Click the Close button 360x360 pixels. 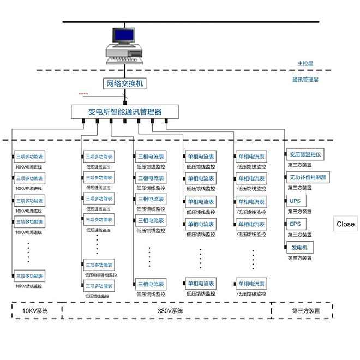click(345, 224)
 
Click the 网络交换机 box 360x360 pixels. click(124, 83)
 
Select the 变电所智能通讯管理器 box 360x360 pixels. click(125, 112)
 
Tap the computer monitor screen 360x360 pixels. click(123, 35)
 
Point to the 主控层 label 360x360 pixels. click(305, 64)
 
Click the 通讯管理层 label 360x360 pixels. click(305, 80)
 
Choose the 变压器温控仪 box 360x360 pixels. click(305, 154)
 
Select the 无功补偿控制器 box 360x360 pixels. click(308, 177)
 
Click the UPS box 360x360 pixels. click(295, 201)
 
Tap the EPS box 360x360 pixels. click(295, 224)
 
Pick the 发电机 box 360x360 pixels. click(299, 248)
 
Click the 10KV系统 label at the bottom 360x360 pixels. click(35, 311)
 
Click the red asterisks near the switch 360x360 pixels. click(83, 94)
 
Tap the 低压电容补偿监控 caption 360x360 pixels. click(101, 275)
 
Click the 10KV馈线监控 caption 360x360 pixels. click(28, 286)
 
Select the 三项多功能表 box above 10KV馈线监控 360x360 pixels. click(29, 276)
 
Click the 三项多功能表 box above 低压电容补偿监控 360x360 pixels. click(99, 265)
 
